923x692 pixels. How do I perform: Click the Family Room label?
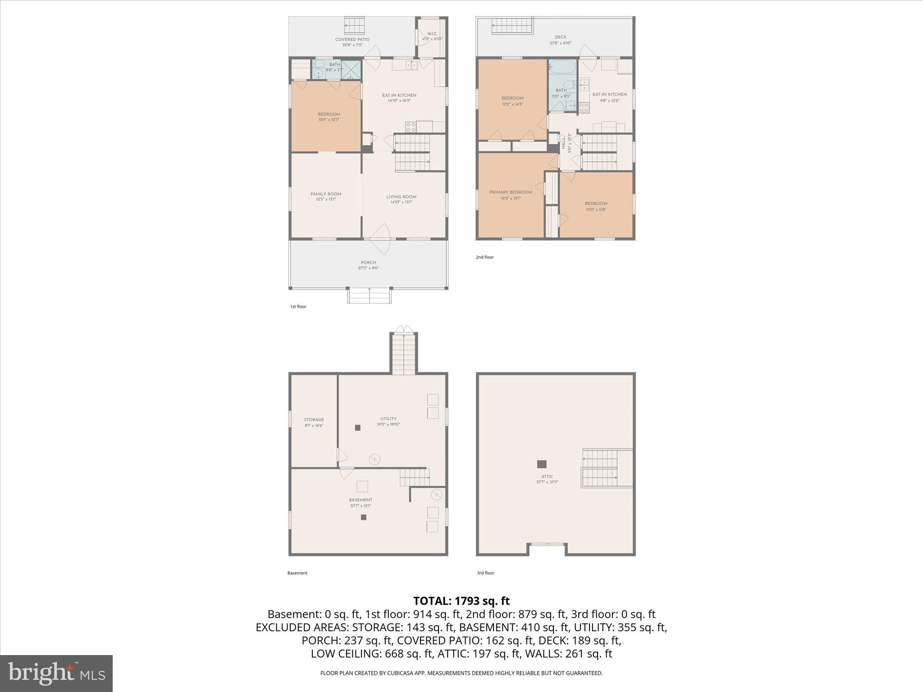[326, 194]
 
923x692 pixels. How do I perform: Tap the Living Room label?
[401, 197]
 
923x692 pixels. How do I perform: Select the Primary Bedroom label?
[511, 192]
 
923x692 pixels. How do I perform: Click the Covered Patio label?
[352, 40]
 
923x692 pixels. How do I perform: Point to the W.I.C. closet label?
[432, 34]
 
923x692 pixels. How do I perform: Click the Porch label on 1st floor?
[368, 263]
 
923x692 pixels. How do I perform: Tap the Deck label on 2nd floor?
[560, 37]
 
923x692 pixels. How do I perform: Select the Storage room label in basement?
[314, 420]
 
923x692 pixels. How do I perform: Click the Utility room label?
[388, 419]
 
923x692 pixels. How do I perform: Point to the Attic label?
[547, 477]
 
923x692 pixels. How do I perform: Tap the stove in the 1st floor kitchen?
[410, 127]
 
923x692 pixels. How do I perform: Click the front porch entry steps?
[369, 296]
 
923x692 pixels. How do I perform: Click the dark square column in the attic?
[542, 464]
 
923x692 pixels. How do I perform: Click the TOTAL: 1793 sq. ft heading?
[461, 601]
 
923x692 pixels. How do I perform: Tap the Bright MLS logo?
[56, 674]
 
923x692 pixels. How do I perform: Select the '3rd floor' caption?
[485, 573]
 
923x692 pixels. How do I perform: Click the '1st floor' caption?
[298, 307]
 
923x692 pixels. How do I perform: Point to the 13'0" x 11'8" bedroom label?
[596, 204]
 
